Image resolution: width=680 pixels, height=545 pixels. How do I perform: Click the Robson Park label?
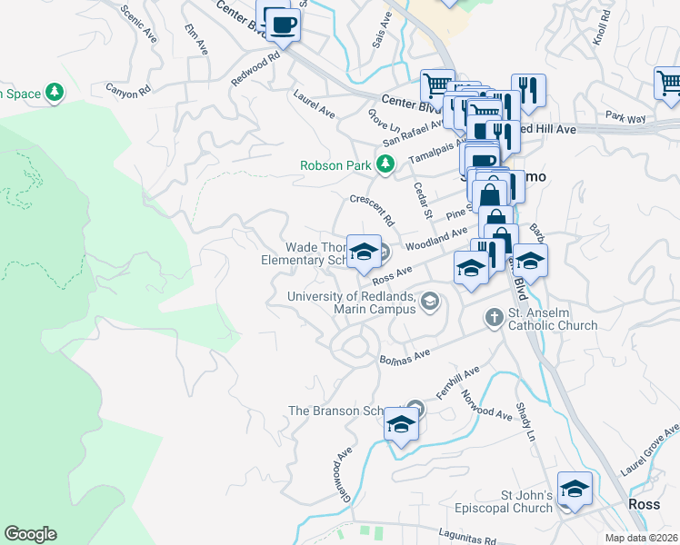pyautogui.click(x=336, y=165)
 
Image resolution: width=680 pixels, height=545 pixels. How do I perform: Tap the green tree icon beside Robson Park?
pyautogui.click(x=386, y=163)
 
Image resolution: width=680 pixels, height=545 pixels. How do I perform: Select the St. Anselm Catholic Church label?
pyautogui.click(x=552, y=319)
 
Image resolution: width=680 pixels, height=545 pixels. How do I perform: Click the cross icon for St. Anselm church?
pyautogui.click(x=494, y=318)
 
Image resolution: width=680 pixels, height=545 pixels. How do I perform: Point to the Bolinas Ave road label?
pyautogui.click(x=405, y=357)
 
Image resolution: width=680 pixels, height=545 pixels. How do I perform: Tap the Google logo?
pyautogui.click(x=30, y=534)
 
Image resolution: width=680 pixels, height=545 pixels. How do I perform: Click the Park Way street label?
pyautogui.click(x=625, y=118)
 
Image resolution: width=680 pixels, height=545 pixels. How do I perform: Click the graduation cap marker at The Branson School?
pyautogui.click(x=401, y=424)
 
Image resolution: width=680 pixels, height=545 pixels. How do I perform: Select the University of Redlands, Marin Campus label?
pyautogui.click(x=352, y=302)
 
